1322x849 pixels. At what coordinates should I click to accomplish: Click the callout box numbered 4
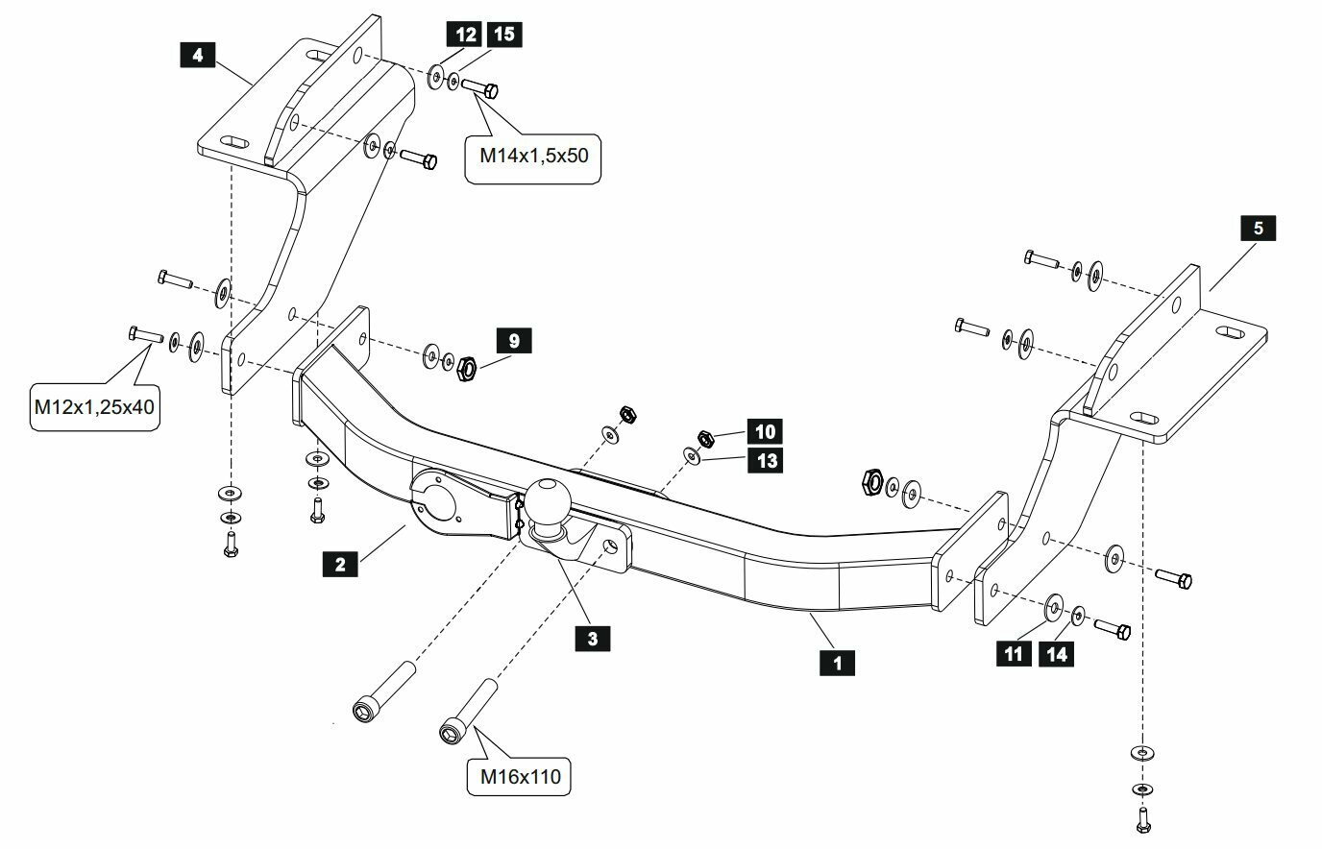(197, 55)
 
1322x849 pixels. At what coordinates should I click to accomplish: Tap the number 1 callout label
(838, 662)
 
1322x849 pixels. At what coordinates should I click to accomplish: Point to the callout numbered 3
(593, 637)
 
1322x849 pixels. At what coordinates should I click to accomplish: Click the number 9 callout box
(514, 340)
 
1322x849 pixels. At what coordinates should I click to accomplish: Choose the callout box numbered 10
(768, 430)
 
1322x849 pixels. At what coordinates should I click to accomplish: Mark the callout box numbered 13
(768, 460)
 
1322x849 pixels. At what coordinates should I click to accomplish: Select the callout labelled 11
(1014, 654)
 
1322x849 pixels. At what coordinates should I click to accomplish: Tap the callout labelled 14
(1057, 654)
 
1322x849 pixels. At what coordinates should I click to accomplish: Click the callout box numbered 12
(467, 36)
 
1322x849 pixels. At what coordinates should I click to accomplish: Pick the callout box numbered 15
(503, 36)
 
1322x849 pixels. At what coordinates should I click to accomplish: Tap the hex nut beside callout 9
(466, 366)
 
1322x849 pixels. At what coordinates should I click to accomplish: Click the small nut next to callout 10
(702, 438)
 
